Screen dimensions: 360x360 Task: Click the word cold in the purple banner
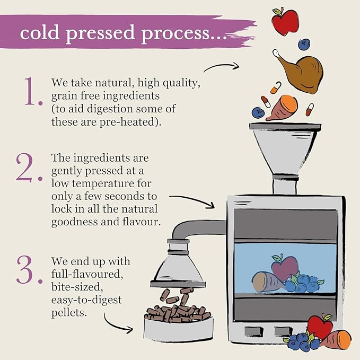pyautogui.click(x=39, y=32)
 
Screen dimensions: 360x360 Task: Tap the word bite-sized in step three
pyautogui.click(x=77, y=287)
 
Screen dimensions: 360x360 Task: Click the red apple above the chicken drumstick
pyautogui.click(x=285, y=21)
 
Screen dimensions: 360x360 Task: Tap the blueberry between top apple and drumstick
pyautogui.click(x=304, y=45)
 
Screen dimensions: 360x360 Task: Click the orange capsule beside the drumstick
pyautogui.click(x=276, y=88)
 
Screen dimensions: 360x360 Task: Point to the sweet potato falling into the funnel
pyautogui.click(x=282, y=108)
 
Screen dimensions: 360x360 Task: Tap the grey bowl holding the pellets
pyautogui.click(x=179, y=328)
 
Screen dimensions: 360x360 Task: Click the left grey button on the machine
pyautogui.click(x=253, y=331)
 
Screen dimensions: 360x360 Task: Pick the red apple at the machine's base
pyautogui.click(x=320, y=327)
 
